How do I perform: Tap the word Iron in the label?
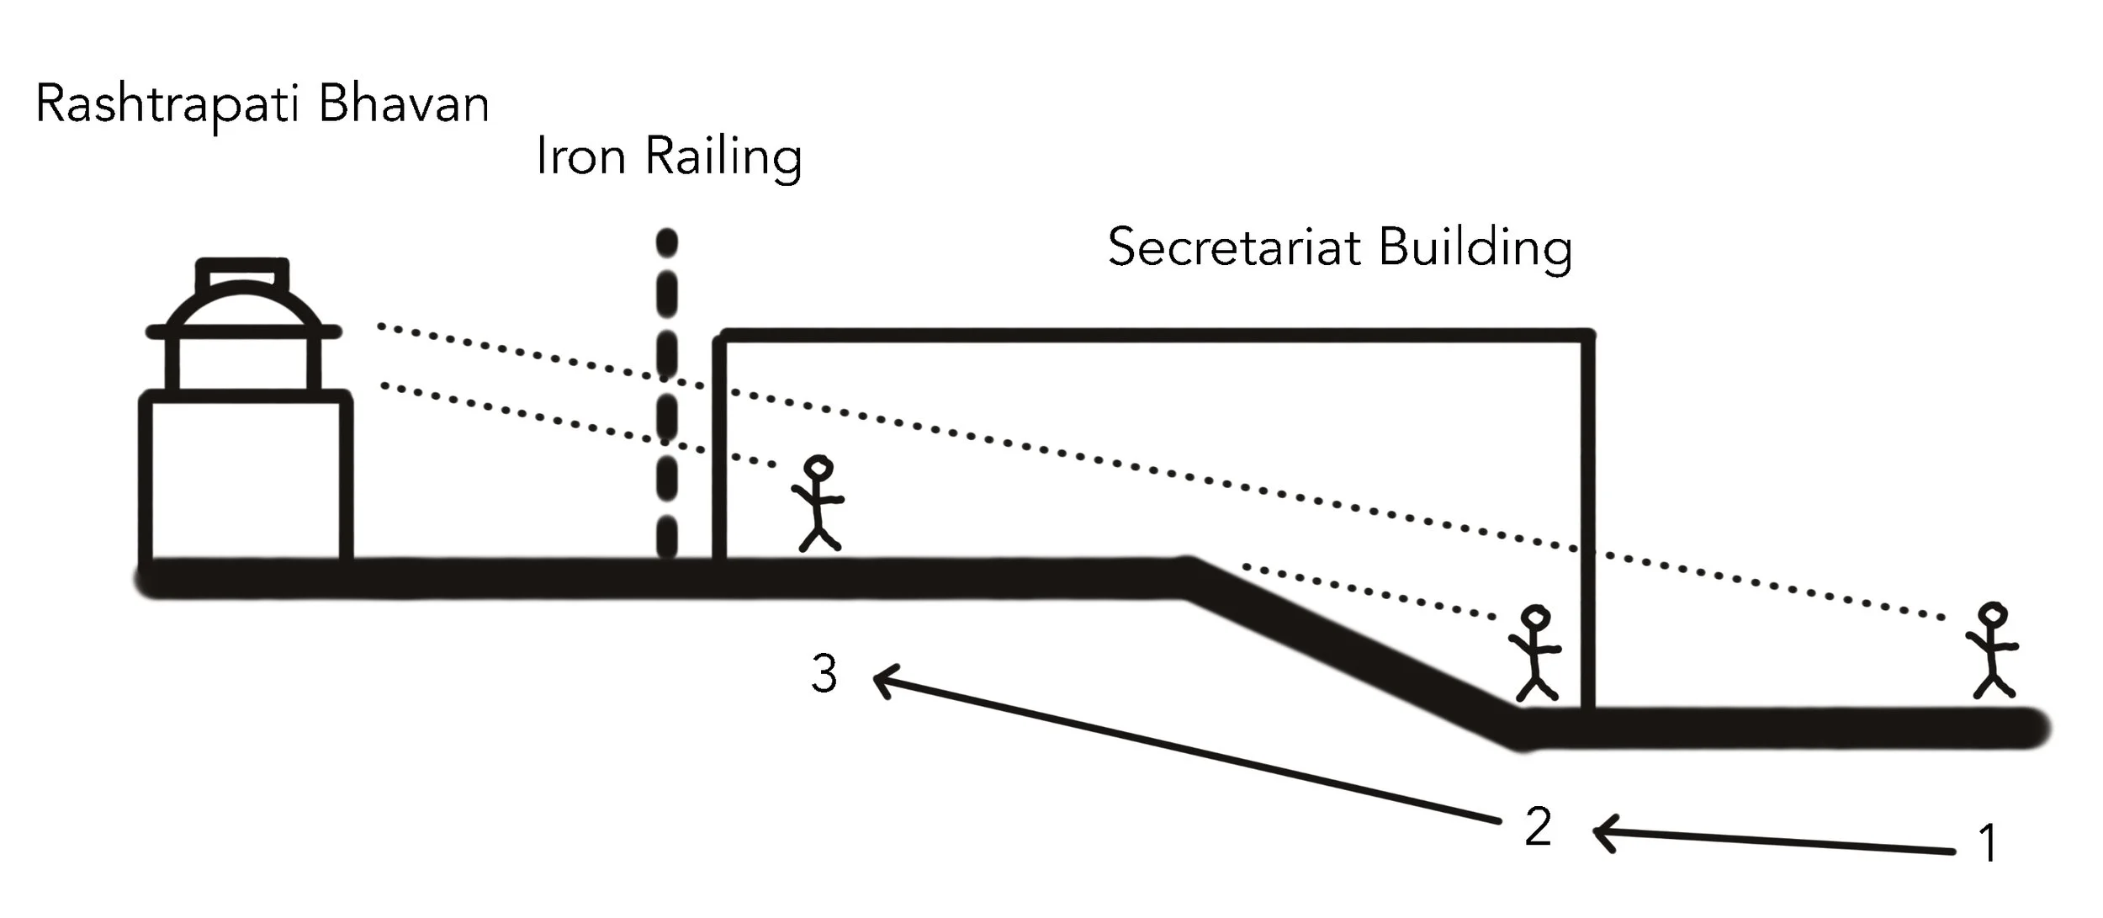pos(580,157)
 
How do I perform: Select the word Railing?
pos(723,158)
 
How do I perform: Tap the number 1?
pos(1989,843)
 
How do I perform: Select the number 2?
pos(1538,826)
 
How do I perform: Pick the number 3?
pos(824,673)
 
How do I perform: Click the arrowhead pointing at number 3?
pos(883,680)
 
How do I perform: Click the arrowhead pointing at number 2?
pos(1603,833)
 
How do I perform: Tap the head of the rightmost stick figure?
pos(1992,615)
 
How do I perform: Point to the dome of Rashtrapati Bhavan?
pos(243,308)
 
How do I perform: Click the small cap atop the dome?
pos(242,273)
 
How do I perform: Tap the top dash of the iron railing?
pos(667,242)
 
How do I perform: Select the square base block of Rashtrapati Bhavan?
pos(246,477)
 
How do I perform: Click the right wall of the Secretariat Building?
pos(1587,522)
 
